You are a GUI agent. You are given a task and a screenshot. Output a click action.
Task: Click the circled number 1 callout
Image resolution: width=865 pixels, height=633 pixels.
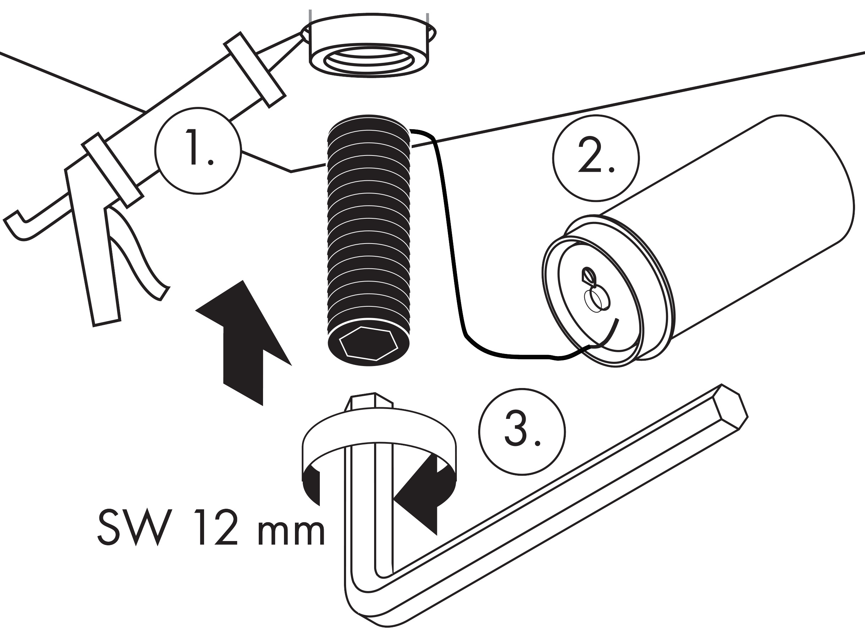[198, 151]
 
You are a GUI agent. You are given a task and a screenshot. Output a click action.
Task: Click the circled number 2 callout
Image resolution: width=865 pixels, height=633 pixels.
[596, 158]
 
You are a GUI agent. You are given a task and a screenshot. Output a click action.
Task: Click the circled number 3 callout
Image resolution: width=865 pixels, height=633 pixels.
[522, 432]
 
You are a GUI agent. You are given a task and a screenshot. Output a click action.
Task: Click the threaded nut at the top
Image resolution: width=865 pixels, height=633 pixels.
[368, 48]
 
